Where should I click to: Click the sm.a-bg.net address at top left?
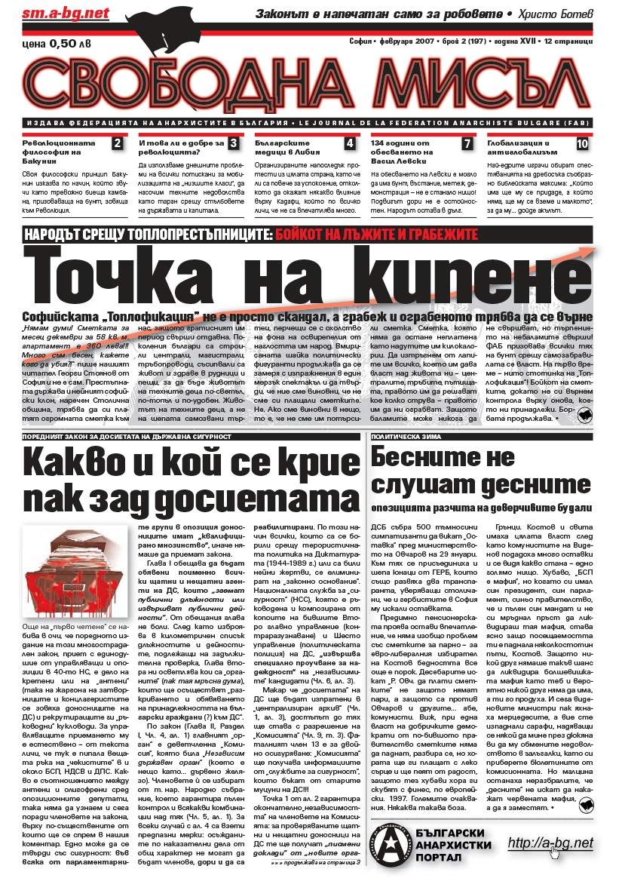click(x=55, y=14)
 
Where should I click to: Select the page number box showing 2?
click(x=117, y=143)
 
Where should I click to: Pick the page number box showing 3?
click(x=234, y=143)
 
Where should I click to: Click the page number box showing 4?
click(x=350, y=143)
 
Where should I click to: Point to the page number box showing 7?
click(x=467, y=143)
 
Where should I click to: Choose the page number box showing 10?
click(x=583, y=143)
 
